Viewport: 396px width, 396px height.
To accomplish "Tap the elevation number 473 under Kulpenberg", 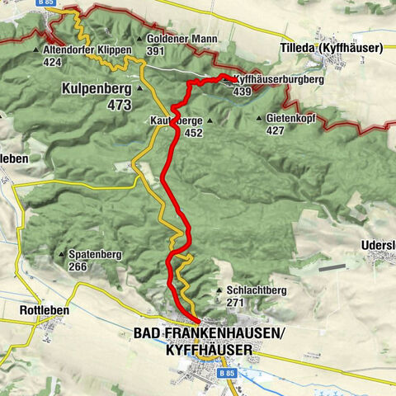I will coord(119,105).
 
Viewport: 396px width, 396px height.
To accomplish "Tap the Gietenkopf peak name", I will coord(293,118).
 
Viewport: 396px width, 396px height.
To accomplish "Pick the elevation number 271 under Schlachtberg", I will coord(235,304).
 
